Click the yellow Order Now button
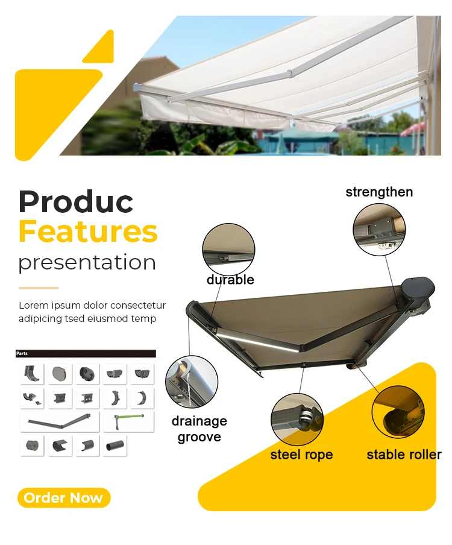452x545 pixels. pyautogui.click(x=64, y=498)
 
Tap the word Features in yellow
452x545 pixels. pyautogui.click(x=88, y=232)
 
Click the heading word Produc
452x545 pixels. pyautogui.click(x=76, y=202)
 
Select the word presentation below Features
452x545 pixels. pyautogui.click(x=87, y=262)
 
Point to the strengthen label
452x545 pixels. pyautogui.click(x=379, y=192)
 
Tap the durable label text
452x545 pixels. pyautogui.click(x=230, y=280)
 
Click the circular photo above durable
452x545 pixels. pyautogui.click(x=228, y=249)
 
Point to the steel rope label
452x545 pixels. pyautogui.click(x=301, y=455)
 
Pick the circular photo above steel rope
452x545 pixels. pyautogui.click(x=297, y=420)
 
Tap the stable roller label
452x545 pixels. pyautogui.click(x=404, y=455)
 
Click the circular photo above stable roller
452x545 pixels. pyautogui.click(x=398, y=411)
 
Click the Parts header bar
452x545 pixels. pyautogui.click(x=86, y=354)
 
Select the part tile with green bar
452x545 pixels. pyautogui.click(x=128, y=421)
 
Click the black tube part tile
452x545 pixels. pyautogui.click(x=115, y=446)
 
